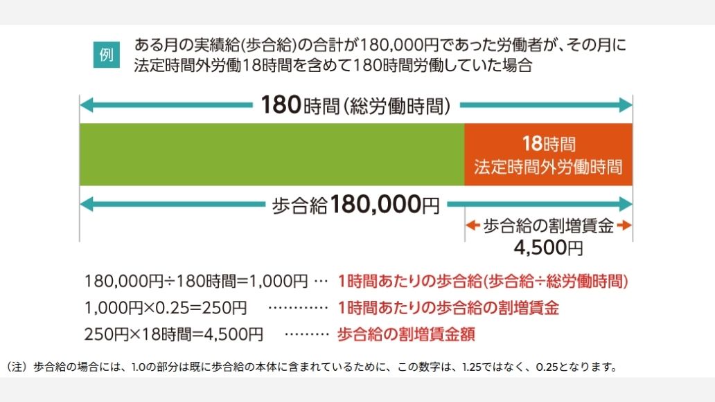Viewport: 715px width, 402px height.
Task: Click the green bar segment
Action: (x=272, y=154)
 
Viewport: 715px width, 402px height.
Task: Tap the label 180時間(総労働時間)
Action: (x=356, y=106)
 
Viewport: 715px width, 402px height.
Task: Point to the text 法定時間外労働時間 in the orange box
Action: (x=548, y=167)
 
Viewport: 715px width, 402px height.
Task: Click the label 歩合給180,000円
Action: (x=356, y=205)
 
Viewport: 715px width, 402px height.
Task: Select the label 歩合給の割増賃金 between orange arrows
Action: (x=548, y=226)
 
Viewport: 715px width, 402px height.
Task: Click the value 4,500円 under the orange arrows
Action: (x=548, y=246)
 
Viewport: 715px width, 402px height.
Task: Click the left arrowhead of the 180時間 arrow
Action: (x=86, y=106)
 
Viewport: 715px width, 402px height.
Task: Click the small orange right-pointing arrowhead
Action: (x=627, y=226)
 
